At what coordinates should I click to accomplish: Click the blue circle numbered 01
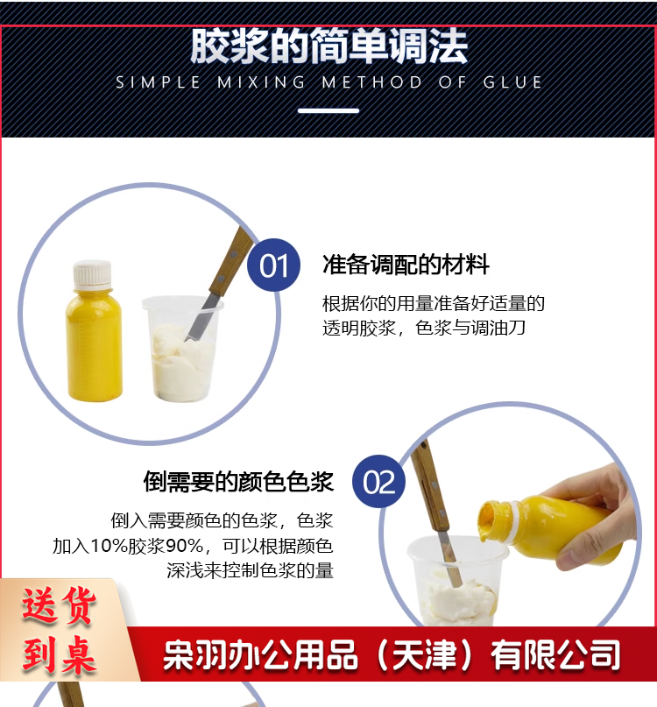coord(273,265)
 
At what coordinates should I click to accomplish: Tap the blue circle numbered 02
coord(378,482)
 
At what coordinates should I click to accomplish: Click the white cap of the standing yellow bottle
coord(93,275)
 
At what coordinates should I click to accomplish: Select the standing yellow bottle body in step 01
coord(94,345)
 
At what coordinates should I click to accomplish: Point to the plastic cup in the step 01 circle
coord(181,348)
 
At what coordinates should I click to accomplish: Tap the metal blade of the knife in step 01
coord(198,318)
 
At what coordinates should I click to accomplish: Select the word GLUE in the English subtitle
coord(512,82)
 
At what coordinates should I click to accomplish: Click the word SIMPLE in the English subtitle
coord(158,82)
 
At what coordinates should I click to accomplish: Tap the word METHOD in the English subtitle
coord(371,82)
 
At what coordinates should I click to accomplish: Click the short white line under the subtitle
coord(328,110)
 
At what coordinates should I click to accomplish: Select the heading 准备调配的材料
coord(406,265)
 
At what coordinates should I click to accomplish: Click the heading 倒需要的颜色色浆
coord(238,482)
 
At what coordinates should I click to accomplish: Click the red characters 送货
coord(59,606)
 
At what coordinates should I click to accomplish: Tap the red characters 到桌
coord(59,654)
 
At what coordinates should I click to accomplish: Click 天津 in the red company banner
coord(424,654)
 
